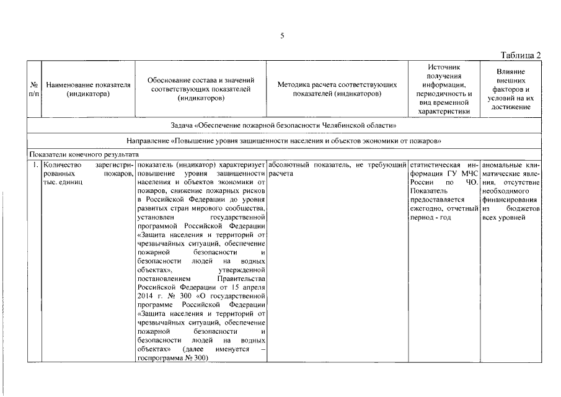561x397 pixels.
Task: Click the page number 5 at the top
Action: click(x=282, y=35)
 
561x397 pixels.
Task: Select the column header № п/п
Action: click(x=33, y=89)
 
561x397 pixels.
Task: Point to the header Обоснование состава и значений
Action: click(x=201, y=89)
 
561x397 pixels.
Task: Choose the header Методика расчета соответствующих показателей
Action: click(x=337, y=89)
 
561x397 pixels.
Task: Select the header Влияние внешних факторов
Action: click(x=511, y=89)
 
